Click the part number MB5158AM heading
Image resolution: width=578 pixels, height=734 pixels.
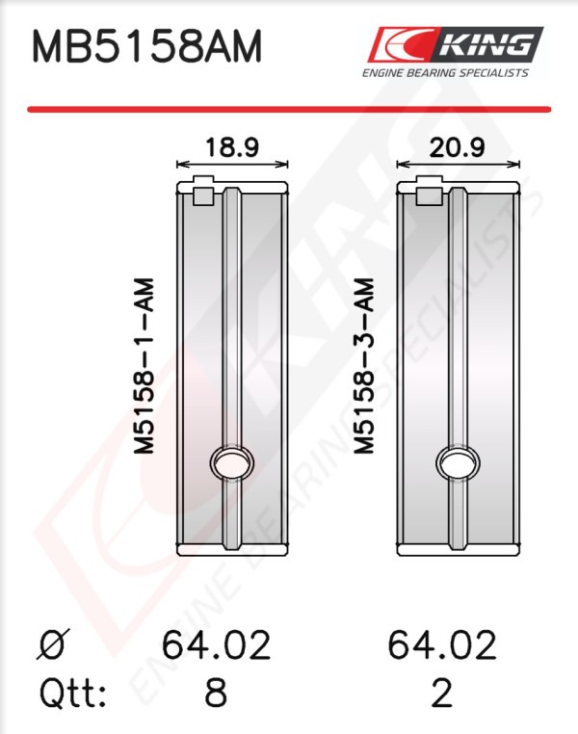[147, 46]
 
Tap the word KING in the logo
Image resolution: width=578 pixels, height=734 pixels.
[486, 45]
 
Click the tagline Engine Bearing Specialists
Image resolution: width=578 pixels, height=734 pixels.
[445, 73]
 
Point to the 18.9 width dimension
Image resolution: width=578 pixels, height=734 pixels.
[232, 147]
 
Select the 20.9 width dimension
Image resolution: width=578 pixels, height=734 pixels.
[457, 147]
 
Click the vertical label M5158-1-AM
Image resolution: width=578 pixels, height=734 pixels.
[144, 366]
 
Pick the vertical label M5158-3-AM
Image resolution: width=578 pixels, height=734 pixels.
[364, 366]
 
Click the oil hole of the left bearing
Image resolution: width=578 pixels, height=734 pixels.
[232, 462]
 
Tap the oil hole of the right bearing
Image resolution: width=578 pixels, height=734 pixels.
[458, 462]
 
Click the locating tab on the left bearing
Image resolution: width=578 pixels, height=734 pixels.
[203, 191]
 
